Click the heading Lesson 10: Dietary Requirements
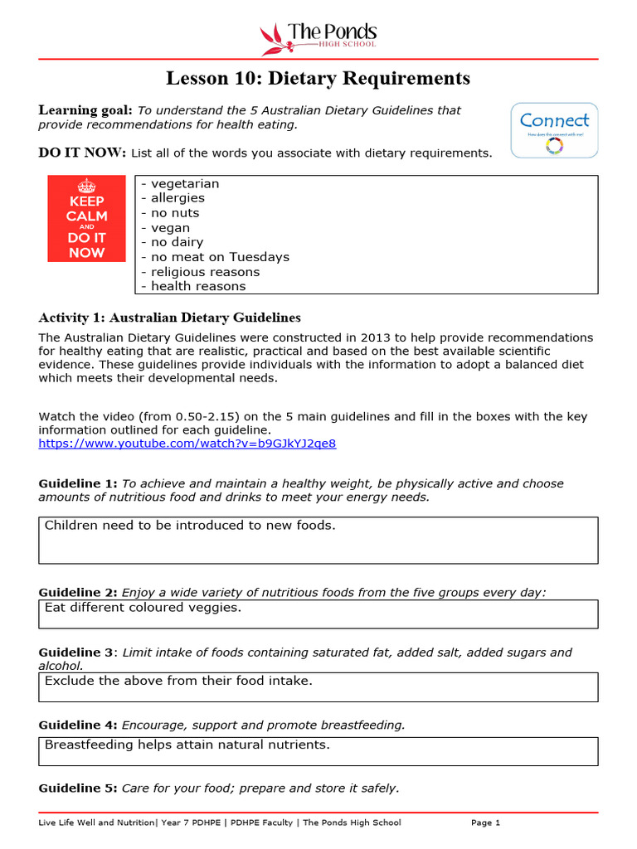318,79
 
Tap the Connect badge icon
553,130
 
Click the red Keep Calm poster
87,218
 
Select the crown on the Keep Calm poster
87,186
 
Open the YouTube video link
187,444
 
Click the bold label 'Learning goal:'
85,110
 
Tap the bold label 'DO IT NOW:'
82,153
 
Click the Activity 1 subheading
170,318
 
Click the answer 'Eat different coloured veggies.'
143,608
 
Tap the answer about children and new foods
190,526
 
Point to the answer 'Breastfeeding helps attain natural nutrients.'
187,745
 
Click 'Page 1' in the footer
485,822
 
